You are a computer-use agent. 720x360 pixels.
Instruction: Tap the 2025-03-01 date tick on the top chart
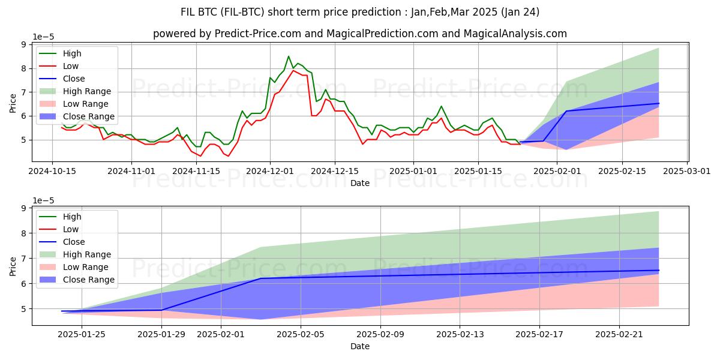[x=687, y=171]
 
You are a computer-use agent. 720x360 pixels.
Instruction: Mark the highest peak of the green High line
[x=289, y=56]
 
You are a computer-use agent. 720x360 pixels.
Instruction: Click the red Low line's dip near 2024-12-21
[x=362, y=144]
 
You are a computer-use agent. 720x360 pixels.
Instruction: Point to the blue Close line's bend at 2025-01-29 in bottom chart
[x=162, y=310]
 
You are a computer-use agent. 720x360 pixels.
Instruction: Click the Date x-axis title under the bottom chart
[x=360, y=346]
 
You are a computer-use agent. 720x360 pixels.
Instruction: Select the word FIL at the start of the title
[x=188, y=11]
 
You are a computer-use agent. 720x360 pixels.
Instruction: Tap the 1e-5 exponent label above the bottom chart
[x=44, y=200]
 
